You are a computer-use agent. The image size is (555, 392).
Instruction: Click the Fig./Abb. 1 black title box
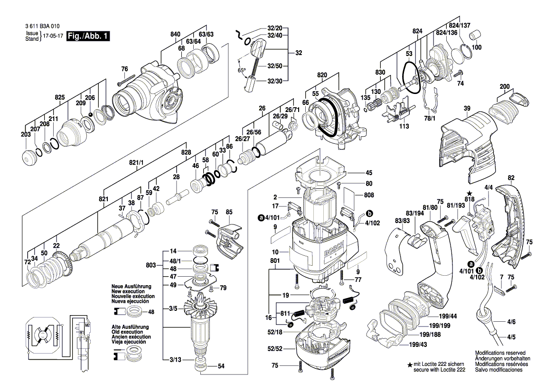[88, 36]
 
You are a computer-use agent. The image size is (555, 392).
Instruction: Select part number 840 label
[176, 34]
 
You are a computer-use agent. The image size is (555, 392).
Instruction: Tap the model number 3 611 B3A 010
[41, 27]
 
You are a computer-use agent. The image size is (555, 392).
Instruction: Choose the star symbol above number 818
[469, 194]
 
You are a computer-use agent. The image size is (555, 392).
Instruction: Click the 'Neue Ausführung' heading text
[131, 287]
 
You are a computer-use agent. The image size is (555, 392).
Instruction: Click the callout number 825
[59, 97]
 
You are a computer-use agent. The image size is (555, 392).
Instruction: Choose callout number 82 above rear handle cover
[511, 178]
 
